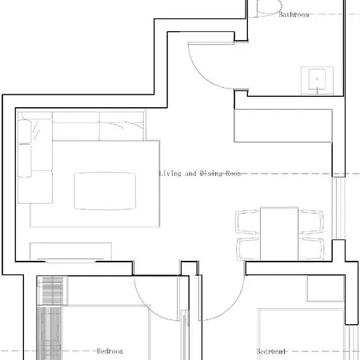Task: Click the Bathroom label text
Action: [294, 14]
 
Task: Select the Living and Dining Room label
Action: [200, 174]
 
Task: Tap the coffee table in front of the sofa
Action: [105, 190]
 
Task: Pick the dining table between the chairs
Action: [279, 233]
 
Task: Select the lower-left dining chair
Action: [248, 247]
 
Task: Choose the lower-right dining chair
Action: [310, 247]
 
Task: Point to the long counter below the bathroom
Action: [282, 126]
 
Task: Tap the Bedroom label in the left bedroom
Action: [109, 351]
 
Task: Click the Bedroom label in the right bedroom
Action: [270, 351]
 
